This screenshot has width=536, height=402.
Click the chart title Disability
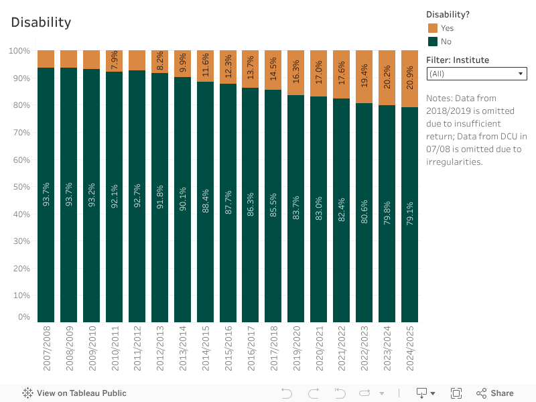[41, 22]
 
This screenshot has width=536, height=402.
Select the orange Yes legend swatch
[432, 28]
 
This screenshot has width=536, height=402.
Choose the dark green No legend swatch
[432, 42]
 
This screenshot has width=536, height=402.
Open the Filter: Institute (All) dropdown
[476, 74]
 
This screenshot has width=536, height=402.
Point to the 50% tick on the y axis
[19, 187]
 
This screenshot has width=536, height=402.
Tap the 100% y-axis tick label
[19, 51]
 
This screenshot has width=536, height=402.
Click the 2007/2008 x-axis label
[46, 349]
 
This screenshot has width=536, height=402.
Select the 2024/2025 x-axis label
[410, 349]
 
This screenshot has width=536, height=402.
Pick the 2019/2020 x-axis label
[296, 349]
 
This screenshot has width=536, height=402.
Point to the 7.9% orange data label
[114, 61]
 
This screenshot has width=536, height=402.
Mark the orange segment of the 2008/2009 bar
[68, 59]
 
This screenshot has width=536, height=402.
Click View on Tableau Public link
[74, 393]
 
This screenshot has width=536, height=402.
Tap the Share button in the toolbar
[495, 393]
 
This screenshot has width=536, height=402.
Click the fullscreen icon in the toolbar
[456, 393]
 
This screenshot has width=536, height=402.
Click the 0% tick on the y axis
[24, 317]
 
